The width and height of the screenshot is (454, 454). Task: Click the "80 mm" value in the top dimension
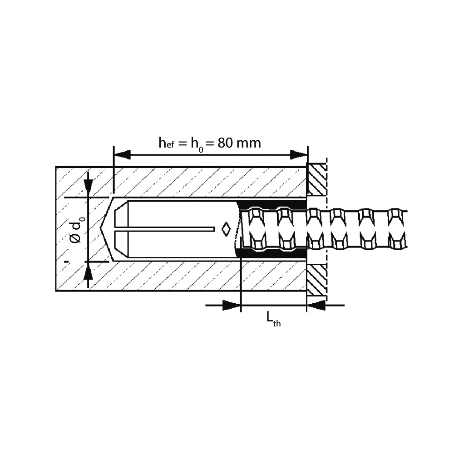[239, 143]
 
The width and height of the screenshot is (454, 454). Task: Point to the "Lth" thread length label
[273, 320]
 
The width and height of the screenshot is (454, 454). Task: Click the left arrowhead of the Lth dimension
[232, 306]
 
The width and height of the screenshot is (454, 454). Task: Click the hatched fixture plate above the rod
[316, 180]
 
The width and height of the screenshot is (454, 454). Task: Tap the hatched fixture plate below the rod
[316, 279]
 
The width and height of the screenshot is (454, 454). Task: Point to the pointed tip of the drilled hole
[101, 229]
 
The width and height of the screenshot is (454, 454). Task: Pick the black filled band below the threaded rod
[272, 254]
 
